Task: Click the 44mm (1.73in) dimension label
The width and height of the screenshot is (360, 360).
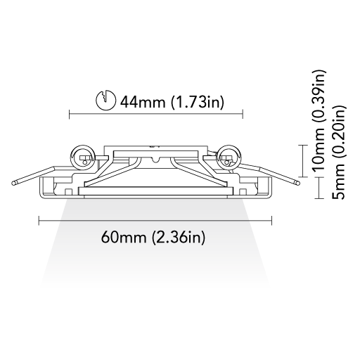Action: tap(172, 102)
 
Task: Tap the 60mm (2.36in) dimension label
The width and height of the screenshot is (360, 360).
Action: tap(153, 237)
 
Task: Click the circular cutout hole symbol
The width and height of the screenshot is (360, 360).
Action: tap(105, 100)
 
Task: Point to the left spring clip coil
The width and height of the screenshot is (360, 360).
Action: tap(83, 157)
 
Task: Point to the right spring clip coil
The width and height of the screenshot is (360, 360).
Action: tap(228, 157)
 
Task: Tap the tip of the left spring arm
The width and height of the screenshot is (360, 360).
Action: tap(13, 183)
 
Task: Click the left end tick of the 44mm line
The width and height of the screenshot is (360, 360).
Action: tap(70, 114)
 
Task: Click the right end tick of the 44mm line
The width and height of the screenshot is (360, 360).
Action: tap(243, 114)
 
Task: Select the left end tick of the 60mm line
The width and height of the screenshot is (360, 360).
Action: tap(39, 220)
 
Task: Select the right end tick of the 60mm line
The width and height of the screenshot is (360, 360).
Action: tap(271, 220)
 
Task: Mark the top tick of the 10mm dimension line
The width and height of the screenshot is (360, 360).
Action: tap(304, 146)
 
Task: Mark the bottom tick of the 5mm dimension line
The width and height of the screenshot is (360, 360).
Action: tap(319, 199)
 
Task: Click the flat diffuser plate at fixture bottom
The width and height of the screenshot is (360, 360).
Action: tap(155, 191)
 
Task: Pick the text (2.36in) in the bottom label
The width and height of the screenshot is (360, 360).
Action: tap(179, 237)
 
